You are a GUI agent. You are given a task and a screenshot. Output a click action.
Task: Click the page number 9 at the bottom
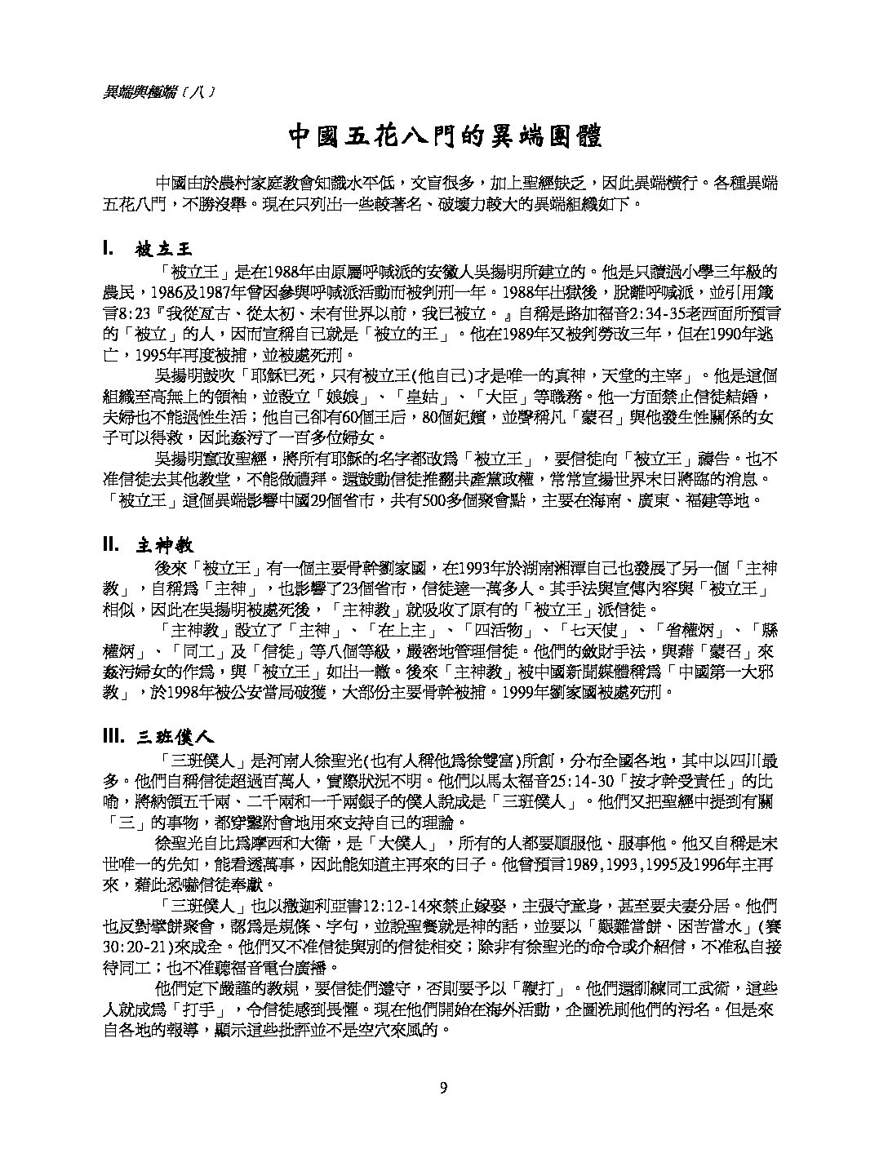443,1087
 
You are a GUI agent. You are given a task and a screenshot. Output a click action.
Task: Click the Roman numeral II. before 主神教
112,545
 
